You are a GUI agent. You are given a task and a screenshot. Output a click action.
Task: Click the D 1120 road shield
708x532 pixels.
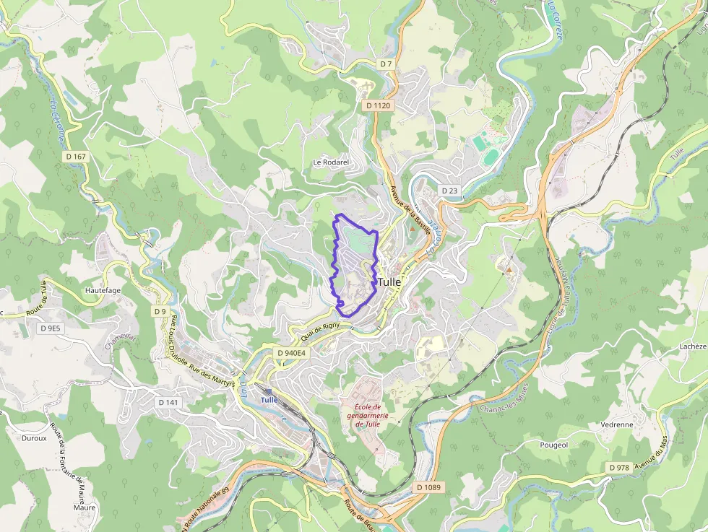[378, 105]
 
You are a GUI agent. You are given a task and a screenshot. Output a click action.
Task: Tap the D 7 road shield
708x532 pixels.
[387, 64]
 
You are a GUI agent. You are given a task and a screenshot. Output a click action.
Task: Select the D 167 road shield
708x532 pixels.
[75, 156]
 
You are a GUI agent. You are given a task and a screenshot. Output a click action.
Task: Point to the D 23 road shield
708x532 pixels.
[449, 191]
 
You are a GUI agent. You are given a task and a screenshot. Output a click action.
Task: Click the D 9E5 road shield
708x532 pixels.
[51, 328]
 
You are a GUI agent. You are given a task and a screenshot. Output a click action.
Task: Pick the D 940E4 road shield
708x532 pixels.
[292, 353]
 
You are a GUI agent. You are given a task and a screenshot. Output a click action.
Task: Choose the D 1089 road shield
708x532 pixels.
[428, 487]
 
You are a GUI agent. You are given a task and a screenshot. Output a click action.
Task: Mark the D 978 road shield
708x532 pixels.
[619, 468]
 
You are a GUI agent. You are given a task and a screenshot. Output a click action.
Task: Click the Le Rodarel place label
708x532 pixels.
[331, 162]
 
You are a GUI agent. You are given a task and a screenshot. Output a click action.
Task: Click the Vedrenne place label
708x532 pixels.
[616, 425]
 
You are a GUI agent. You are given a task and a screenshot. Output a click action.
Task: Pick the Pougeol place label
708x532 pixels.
[554, 445]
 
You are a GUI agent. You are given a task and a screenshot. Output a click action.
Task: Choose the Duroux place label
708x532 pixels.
[34, 437]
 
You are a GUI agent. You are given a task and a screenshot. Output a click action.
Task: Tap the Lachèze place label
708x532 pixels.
[692, 346]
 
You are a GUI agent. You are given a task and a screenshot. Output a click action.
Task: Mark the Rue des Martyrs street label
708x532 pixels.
[212, 376]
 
